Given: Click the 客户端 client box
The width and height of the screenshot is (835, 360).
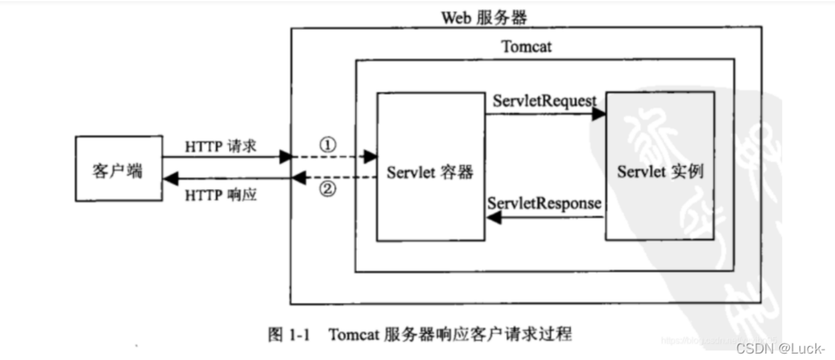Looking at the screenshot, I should (x=118, y=168).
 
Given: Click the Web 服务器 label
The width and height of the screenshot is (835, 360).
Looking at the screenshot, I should (x=484, y=18).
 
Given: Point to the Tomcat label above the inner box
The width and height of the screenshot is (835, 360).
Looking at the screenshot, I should (x=526, y=46).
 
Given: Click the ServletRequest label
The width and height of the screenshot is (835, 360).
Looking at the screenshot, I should (x=544, y=101).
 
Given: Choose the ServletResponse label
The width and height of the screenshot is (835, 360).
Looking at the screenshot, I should (x=544, y=203).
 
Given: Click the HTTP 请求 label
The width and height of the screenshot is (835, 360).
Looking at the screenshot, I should (x=221, y=146).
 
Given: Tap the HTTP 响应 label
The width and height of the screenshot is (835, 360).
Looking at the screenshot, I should (x=221, y=195).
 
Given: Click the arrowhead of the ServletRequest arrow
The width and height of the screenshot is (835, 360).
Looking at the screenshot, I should (x=598, y=114).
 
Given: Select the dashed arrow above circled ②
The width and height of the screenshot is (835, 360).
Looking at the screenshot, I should (x=334, y=178).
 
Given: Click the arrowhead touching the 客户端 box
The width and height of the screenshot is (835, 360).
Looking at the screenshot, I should (x=169, y=179).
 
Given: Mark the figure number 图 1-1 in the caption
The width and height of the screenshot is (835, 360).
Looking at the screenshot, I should (x=288, y=334).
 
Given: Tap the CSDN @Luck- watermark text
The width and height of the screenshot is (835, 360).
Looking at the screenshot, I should (x=780, y=348).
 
